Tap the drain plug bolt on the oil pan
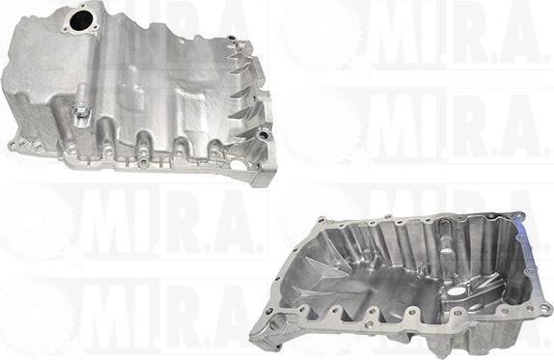[79, 109]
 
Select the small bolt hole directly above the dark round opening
[83, 6]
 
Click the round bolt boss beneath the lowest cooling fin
[263, 134]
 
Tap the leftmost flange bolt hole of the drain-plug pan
[11, 144]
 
